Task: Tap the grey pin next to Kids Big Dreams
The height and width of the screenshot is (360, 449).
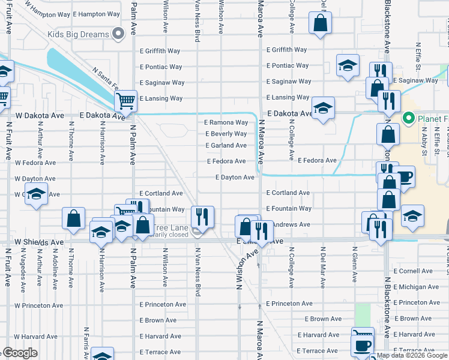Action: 120,34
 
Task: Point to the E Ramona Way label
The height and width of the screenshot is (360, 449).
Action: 226,122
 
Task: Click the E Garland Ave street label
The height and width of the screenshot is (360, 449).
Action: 226,145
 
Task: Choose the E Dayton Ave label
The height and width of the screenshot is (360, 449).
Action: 235,177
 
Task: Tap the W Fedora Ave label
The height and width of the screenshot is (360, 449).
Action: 35,163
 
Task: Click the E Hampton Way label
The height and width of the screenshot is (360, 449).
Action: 96,13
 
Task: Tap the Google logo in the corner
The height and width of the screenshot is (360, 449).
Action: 19,353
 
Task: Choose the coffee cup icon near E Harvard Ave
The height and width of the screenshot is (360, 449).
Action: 362,346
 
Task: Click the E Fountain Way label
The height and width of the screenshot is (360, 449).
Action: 289,208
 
